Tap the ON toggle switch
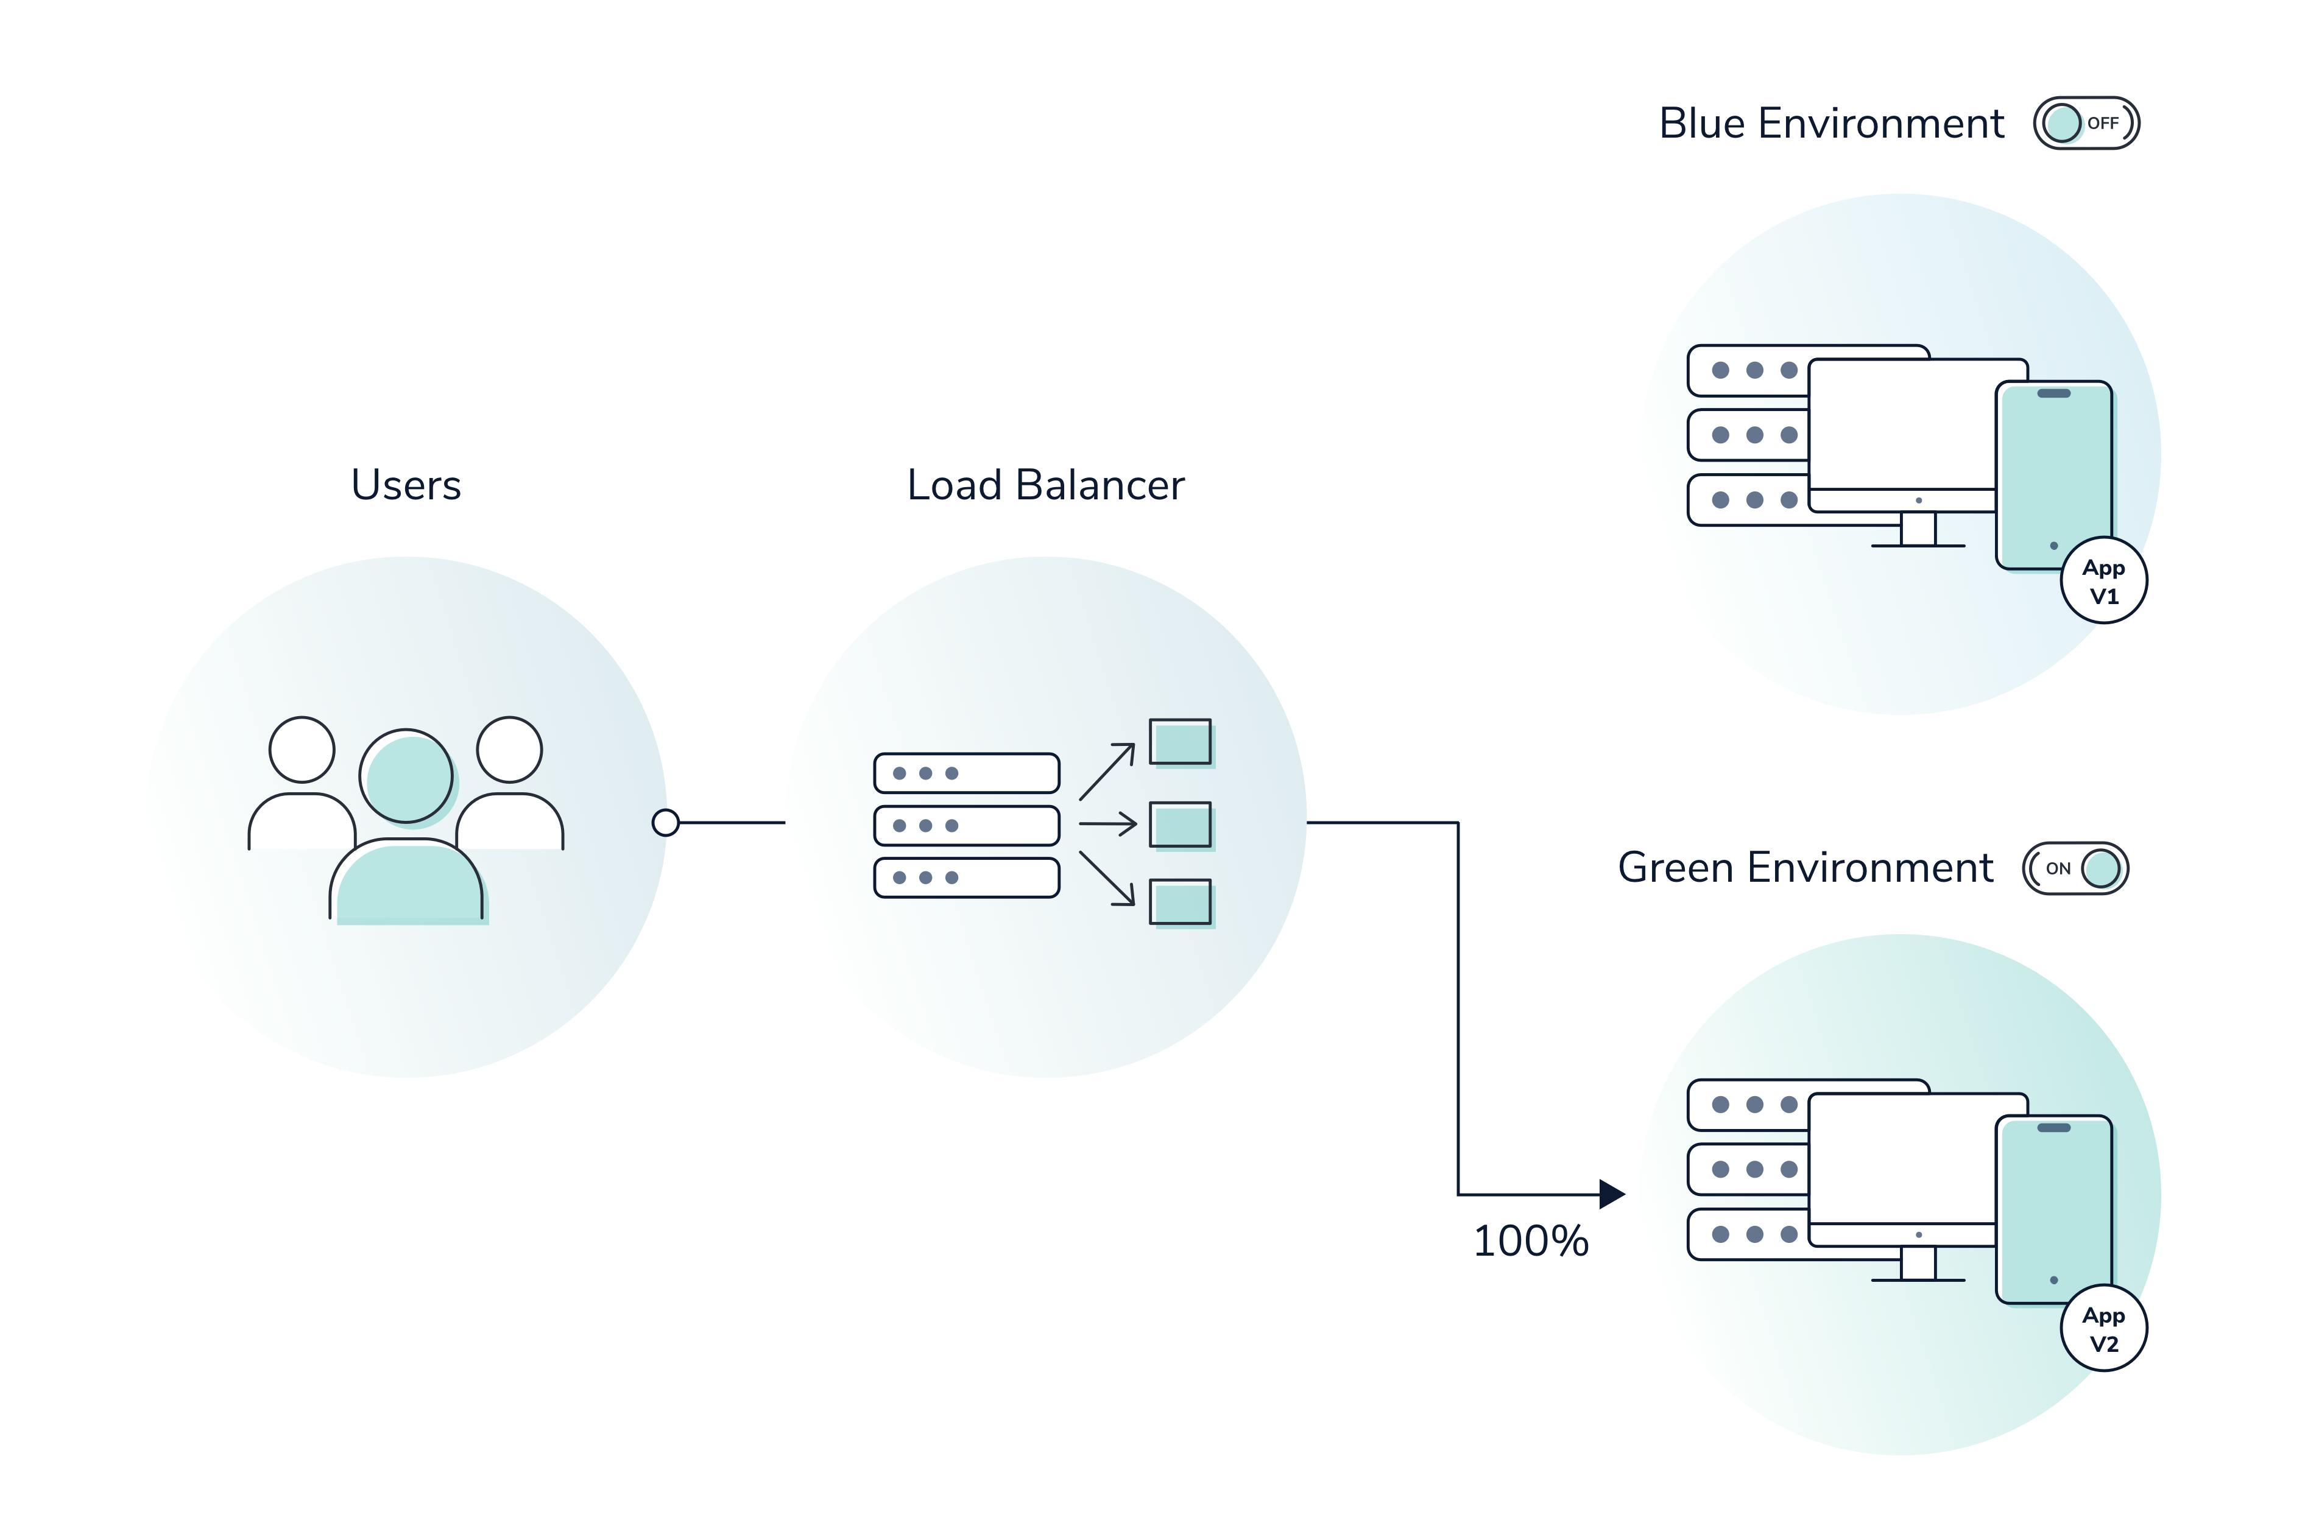(x=2075, y=868)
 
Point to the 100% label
(x=1530, y=1241)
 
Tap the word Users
(x=406, y=485)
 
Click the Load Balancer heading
(x=1045, y=485)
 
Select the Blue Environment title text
(x=1830, y=124)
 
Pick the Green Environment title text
(x=1805, y=868)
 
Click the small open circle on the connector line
(x=666, y=823)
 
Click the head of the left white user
(x=302, y=750)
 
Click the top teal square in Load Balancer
(x=1181, y=742)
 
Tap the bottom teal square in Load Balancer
(x=1181, y=902)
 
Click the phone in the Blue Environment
(x=2054, y=476)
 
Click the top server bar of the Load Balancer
(x=967, y=773)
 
